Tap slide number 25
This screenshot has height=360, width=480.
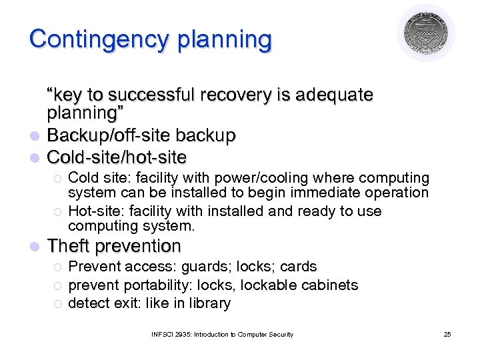pyautogui.click(x=447, y=334)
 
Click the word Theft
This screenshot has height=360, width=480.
pyautogui.click(x=69, y=246)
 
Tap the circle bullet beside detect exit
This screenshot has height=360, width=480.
pyautogui.click(x=57, y=304)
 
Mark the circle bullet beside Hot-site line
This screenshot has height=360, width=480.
pyautogui.click(x=57, y=212)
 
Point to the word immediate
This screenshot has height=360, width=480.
pyautogui.click(x=337, y=193)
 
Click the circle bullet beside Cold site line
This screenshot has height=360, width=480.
pyautogui.click(x=57, y=179)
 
